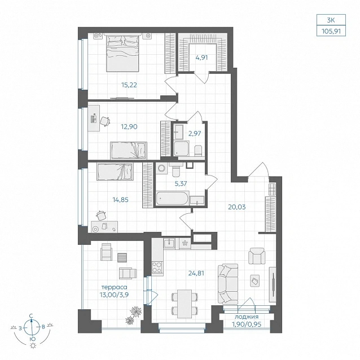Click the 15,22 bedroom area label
coord(129,85)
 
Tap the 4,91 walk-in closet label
coord(201,58)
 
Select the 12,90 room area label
coord(129,126)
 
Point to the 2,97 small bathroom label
coord(195,133)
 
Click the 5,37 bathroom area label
coord(181,184)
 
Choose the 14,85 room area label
coord(121,200)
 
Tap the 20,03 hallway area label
coord(237,207)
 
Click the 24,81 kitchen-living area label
coord(196,274)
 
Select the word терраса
coord(114,287)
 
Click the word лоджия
coord(247,317)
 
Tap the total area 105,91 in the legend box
coord(331,31)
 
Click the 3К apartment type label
coord(331,20)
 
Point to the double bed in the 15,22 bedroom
coord(122,52)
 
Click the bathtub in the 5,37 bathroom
coord(173,198)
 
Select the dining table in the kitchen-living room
coord(185,304)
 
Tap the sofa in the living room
coord(228,284)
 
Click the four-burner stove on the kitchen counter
coord(157,267)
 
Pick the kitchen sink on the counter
coord(169,243)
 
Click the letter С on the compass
coord(31,316)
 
